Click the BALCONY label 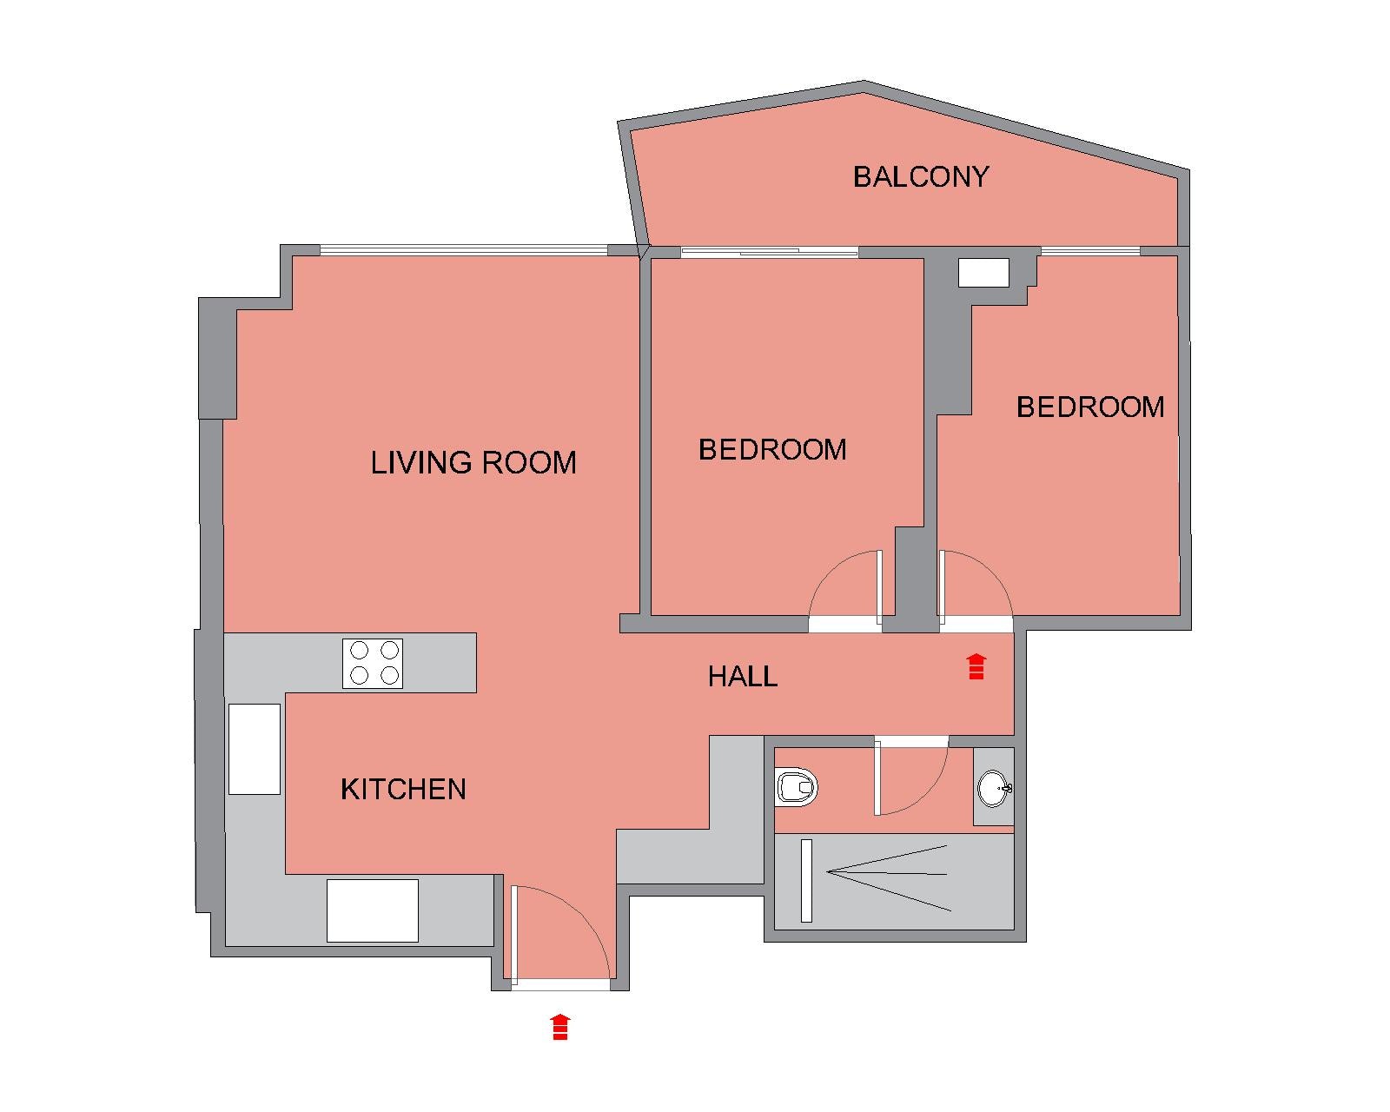coord(920,177)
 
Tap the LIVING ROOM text coord(473,463)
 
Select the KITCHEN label coord(404,789)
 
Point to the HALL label coord(743,677)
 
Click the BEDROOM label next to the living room coord(772,450)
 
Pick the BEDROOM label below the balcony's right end coord(1090,407)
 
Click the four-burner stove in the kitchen coord(373,664)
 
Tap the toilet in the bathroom coord(797,787)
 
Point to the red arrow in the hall coord(976,667)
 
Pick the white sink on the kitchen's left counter coord(255,749)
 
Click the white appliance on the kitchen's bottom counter coord(373,910)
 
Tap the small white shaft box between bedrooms coord(983,273)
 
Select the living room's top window coord(464,250)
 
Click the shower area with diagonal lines coord(894,881)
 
